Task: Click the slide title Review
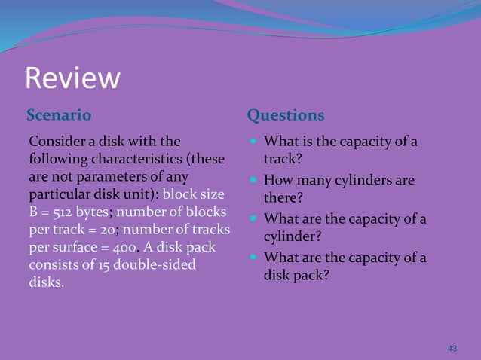click(72, 78)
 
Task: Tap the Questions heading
click(286, 115)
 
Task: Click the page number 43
click(452, 348)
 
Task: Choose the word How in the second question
click(277, 181)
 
